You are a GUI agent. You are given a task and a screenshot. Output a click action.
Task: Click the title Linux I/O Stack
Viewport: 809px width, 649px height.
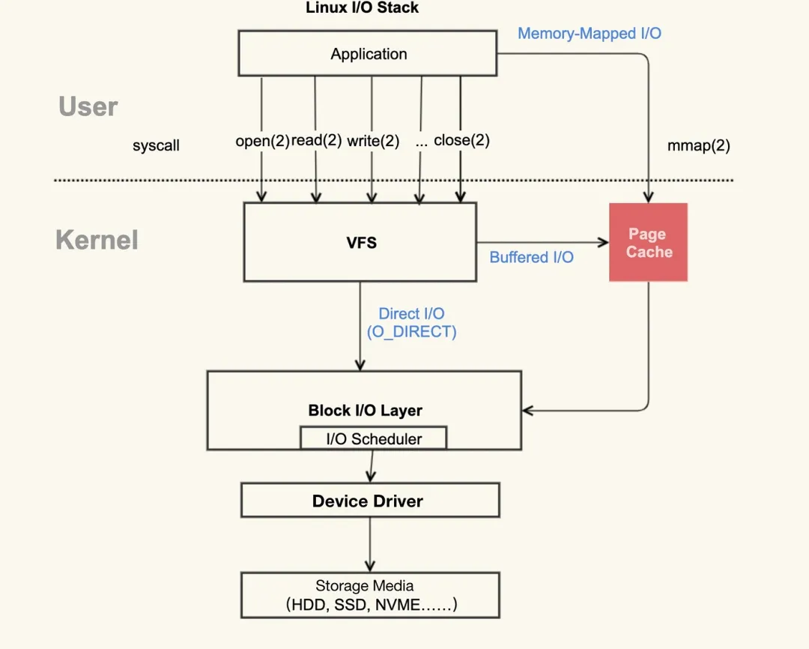coord(363,8)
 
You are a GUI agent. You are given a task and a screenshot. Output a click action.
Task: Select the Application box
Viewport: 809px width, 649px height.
coord(368,54)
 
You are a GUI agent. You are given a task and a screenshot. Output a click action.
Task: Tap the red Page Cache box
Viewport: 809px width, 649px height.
coord(649,243)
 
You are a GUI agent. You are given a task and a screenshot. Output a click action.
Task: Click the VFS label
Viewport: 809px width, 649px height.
coord(361,243)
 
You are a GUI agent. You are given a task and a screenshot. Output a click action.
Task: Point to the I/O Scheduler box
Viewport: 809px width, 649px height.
coord(373,439)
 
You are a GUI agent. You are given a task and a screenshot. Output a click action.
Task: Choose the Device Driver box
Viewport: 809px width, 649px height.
coord(369,501)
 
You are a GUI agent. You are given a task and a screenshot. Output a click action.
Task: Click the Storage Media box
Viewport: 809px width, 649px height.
coord(369,595)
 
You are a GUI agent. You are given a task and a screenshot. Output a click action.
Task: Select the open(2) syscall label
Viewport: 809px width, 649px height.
coord(262,141)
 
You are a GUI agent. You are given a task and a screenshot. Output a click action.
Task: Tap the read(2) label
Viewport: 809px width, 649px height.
coord(316,141)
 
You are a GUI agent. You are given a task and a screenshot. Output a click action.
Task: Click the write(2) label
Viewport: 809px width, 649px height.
coord(373,141)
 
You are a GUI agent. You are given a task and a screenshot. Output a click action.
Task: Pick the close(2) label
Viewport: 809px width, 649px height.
coord(461,140)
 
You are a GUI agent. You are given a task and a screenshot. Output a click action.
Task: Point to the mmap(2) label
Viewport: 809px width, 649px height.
coord(698,146)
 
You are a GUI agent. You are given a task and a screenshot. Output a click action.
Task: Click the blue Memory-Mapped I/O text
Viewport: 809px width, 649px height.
coord(590,34)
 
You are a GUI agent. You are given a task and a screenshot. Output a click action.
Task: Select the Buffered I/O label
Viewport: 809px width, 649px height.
coord(531,258)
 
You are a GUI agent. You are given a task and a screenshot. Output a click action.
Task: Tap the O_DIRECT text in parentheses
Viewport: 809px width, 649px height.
coord(411,332)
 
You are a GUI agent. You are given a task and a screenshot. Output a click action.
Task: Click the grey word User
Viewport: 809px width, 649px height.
coord(88,107)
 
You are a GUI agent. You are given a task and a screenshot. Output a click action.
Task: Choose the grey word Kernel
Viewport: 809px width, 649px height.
coord(97,241)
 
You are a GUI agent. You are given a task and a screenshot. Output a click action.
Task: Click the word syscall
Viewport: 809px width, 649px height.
coord(156,146)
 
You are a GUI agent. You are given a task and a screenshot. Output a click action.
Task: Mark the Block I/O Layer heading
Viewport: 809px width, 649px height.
coord(365,411)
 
